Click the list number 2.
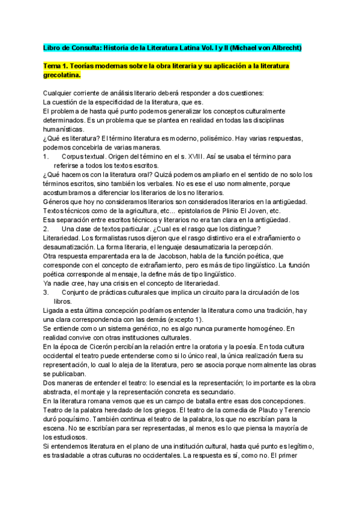coord(46,229)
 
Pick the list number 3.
coord(46,292)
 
